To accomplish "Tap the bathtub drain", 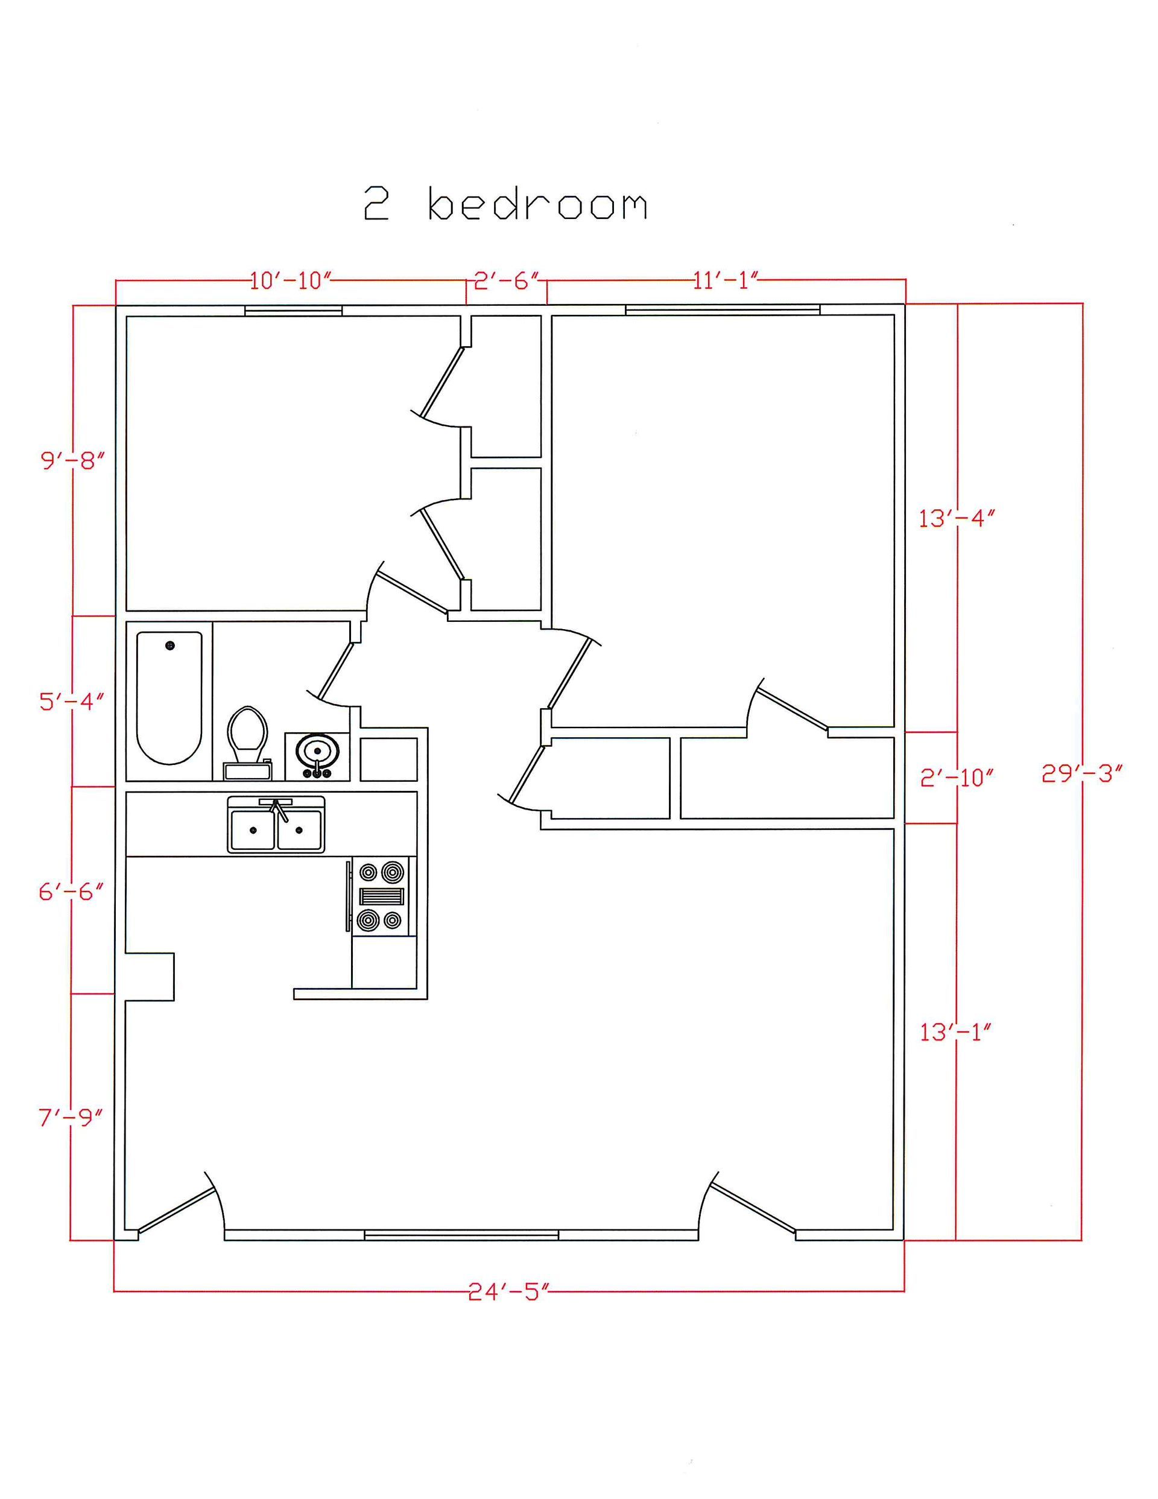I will (x=170, y=645).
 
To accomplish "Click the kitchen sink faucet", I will (x=277, y=809).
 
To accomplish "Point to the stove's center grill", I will (x=382, y=896).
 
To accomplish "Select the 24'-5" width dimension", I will (x=509, y=1293).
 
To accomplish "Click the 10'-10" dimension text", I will (x=290, y=280).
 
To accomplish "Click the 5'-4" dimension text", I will (x=71, y=702).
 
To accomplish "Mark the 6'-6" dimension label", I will (x=71, y=892).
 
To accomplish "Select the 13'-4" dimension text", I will (x=956, y=519).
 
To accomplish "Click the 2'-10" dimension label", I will (x=956, y=778).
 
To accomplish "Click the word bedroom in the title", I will (x=537, y=204).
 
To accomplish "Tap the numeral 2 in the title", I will (x=376, y=204).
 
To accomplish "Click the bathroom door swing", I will (x=334, y=673).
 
